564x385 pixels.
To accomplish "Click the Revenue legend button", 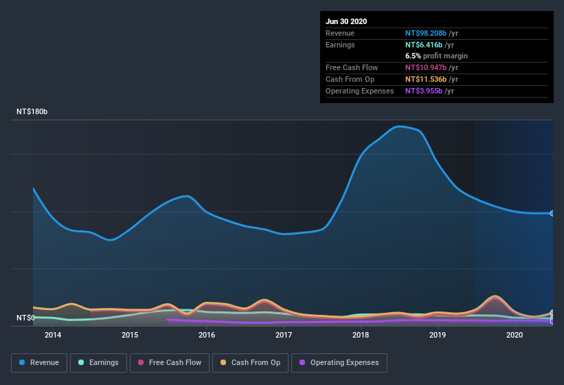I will click(39, 362).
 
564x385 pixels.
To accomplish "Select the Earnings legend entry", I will click(98, 362).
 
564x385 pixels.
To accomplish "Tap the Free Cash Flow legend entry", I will click(170, 362).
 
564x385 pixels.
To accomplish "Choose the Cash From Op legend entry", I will click(250, 362).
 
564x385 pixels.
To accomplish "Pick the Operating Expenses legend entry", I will click(339, 362).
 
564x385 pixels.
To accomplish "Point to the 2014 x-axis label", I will click(53, 335).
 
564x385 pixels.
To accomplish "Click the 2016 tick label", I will click(207, 335).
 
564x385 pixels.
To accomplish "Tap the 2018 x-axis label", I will click(361, 335).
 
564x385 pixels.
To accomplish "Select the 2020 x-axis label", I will click(515, 335).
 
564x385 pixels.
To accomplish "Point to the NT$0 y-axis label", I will click(25, 318).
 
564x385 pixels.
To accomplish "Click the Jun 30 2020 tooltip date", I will click(346, 21).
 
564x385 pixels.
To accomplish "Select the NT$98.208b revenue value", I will click(427, 33).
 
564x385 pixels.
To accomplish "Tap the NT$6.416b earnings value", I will click(424, 45).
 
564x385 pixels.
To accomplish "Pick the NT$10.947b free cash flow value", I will click(427, 67).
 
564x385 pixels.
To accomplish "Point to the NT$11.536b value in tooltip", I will click(427, 79).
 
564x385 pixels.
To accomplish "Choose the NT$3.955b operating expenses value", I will click(424, 91).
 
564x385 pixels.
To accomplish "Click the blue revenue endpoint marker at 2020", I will click(552, 213).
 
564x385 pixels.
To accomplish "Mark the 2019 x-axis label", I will click(438, 335).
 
